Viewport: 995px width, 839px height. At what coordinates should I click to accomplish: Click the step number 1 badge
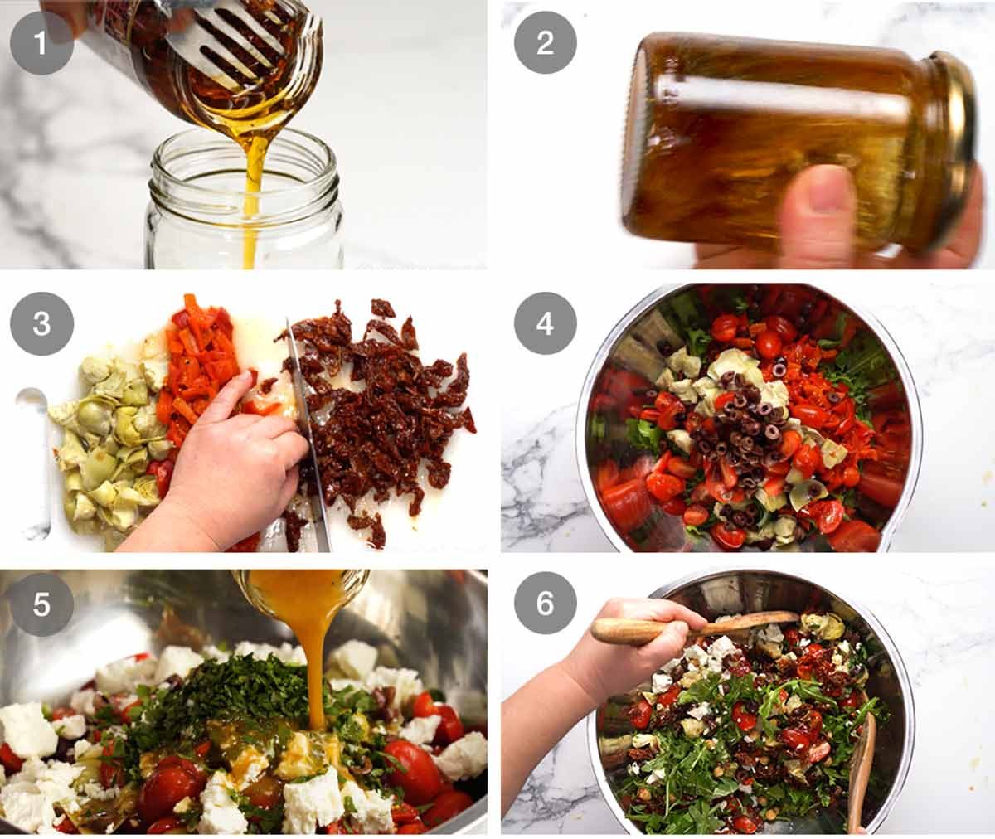[x=41, y=42]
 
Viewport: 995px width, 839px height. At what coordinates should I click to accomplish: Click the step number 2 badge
[x=545, y=42]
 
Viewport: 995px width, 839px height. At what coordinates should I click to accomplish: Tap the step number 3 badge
[x=41, y=323]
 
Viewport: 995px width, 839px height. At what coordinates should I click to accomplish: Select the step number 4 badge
[x=545, y=323]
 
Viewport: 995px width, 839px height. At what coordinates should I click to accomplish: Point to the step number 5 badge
[x=41, y=604]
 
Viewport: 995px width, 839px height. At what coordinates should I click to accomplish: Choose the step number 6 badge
[x=545, y=604]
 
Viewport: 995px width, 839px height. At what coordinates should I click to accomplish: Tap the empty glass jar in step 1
[x=245, y=207]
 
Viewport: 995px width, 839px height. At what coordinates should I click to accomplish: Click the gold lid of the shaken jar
[x=954, y=149]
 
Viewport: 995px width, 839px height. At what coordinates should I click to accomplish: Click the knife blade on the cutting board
[x=308, y=439]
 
